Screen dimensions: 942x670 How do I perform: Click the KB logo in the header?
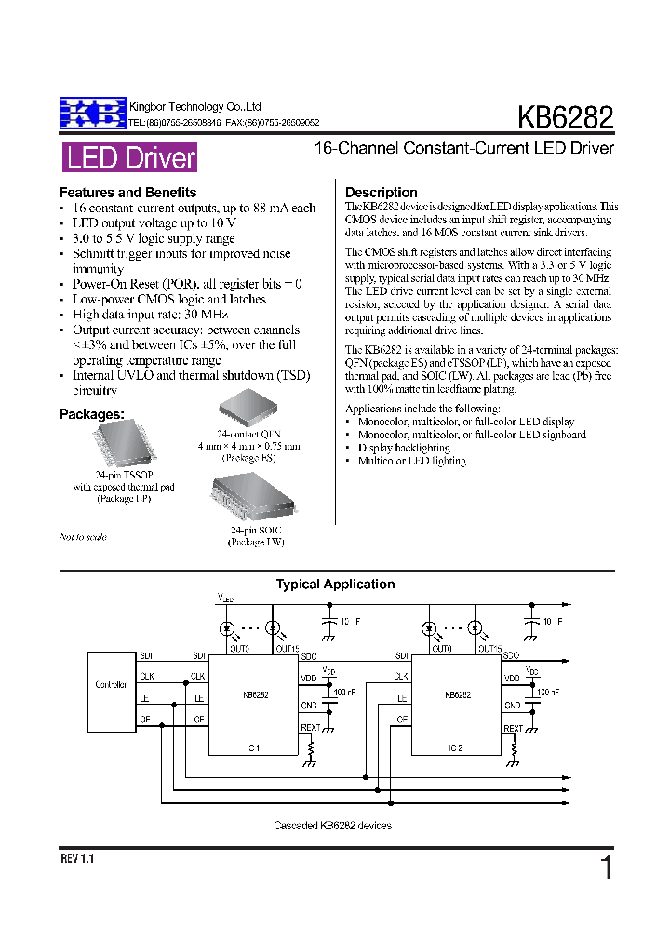coord(91,113)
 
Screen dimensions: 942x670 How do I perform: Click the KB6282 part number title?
coord(566,118)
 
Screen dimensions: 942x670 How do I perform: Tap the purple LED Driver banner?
coord(130,158)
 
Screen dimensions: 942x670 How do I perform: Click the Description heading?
coord(382,193)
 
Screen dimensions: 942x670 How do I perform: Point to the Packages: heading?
coord(92,413)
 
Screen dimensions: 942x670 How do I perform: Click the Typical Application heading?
coord(335,585)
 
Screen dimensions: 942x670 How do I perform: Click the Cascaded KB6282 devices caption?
coord(332,826)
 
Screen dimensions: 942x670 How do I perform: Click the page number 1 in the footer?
coord(606,868)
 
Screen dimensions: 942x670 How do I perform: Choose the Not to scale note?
coord(83,537)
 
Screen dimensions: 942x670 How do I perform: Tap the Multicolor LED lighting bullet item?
coord(412,461)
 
